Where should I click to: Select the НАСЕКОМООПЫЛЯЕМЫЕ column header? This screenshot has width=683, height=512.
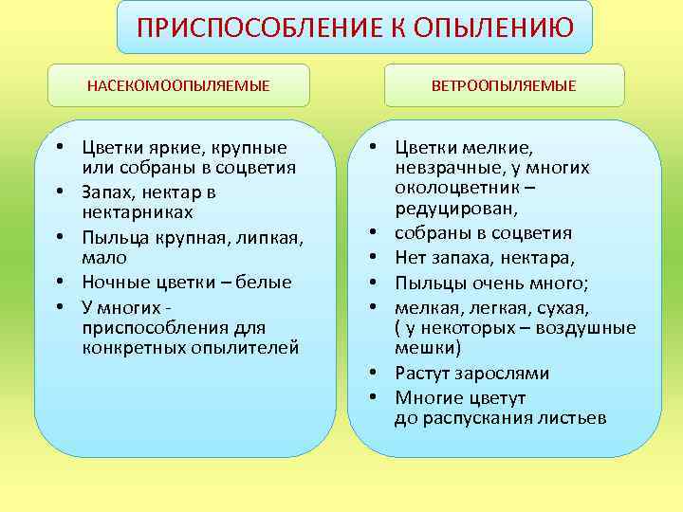click(x=178, y=86)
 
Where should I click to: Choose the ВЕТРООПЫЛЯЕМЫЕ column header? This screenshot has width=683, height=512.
click(x=504, y=86)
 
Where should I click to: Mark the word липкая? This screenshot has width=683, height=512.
click(x=265, y=237)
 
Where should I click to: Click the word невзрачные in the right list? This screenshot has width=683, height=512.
click(x=444, y=168)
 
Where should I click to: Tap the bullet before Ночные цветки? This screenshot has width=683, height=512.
click(x=60, y=282)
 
